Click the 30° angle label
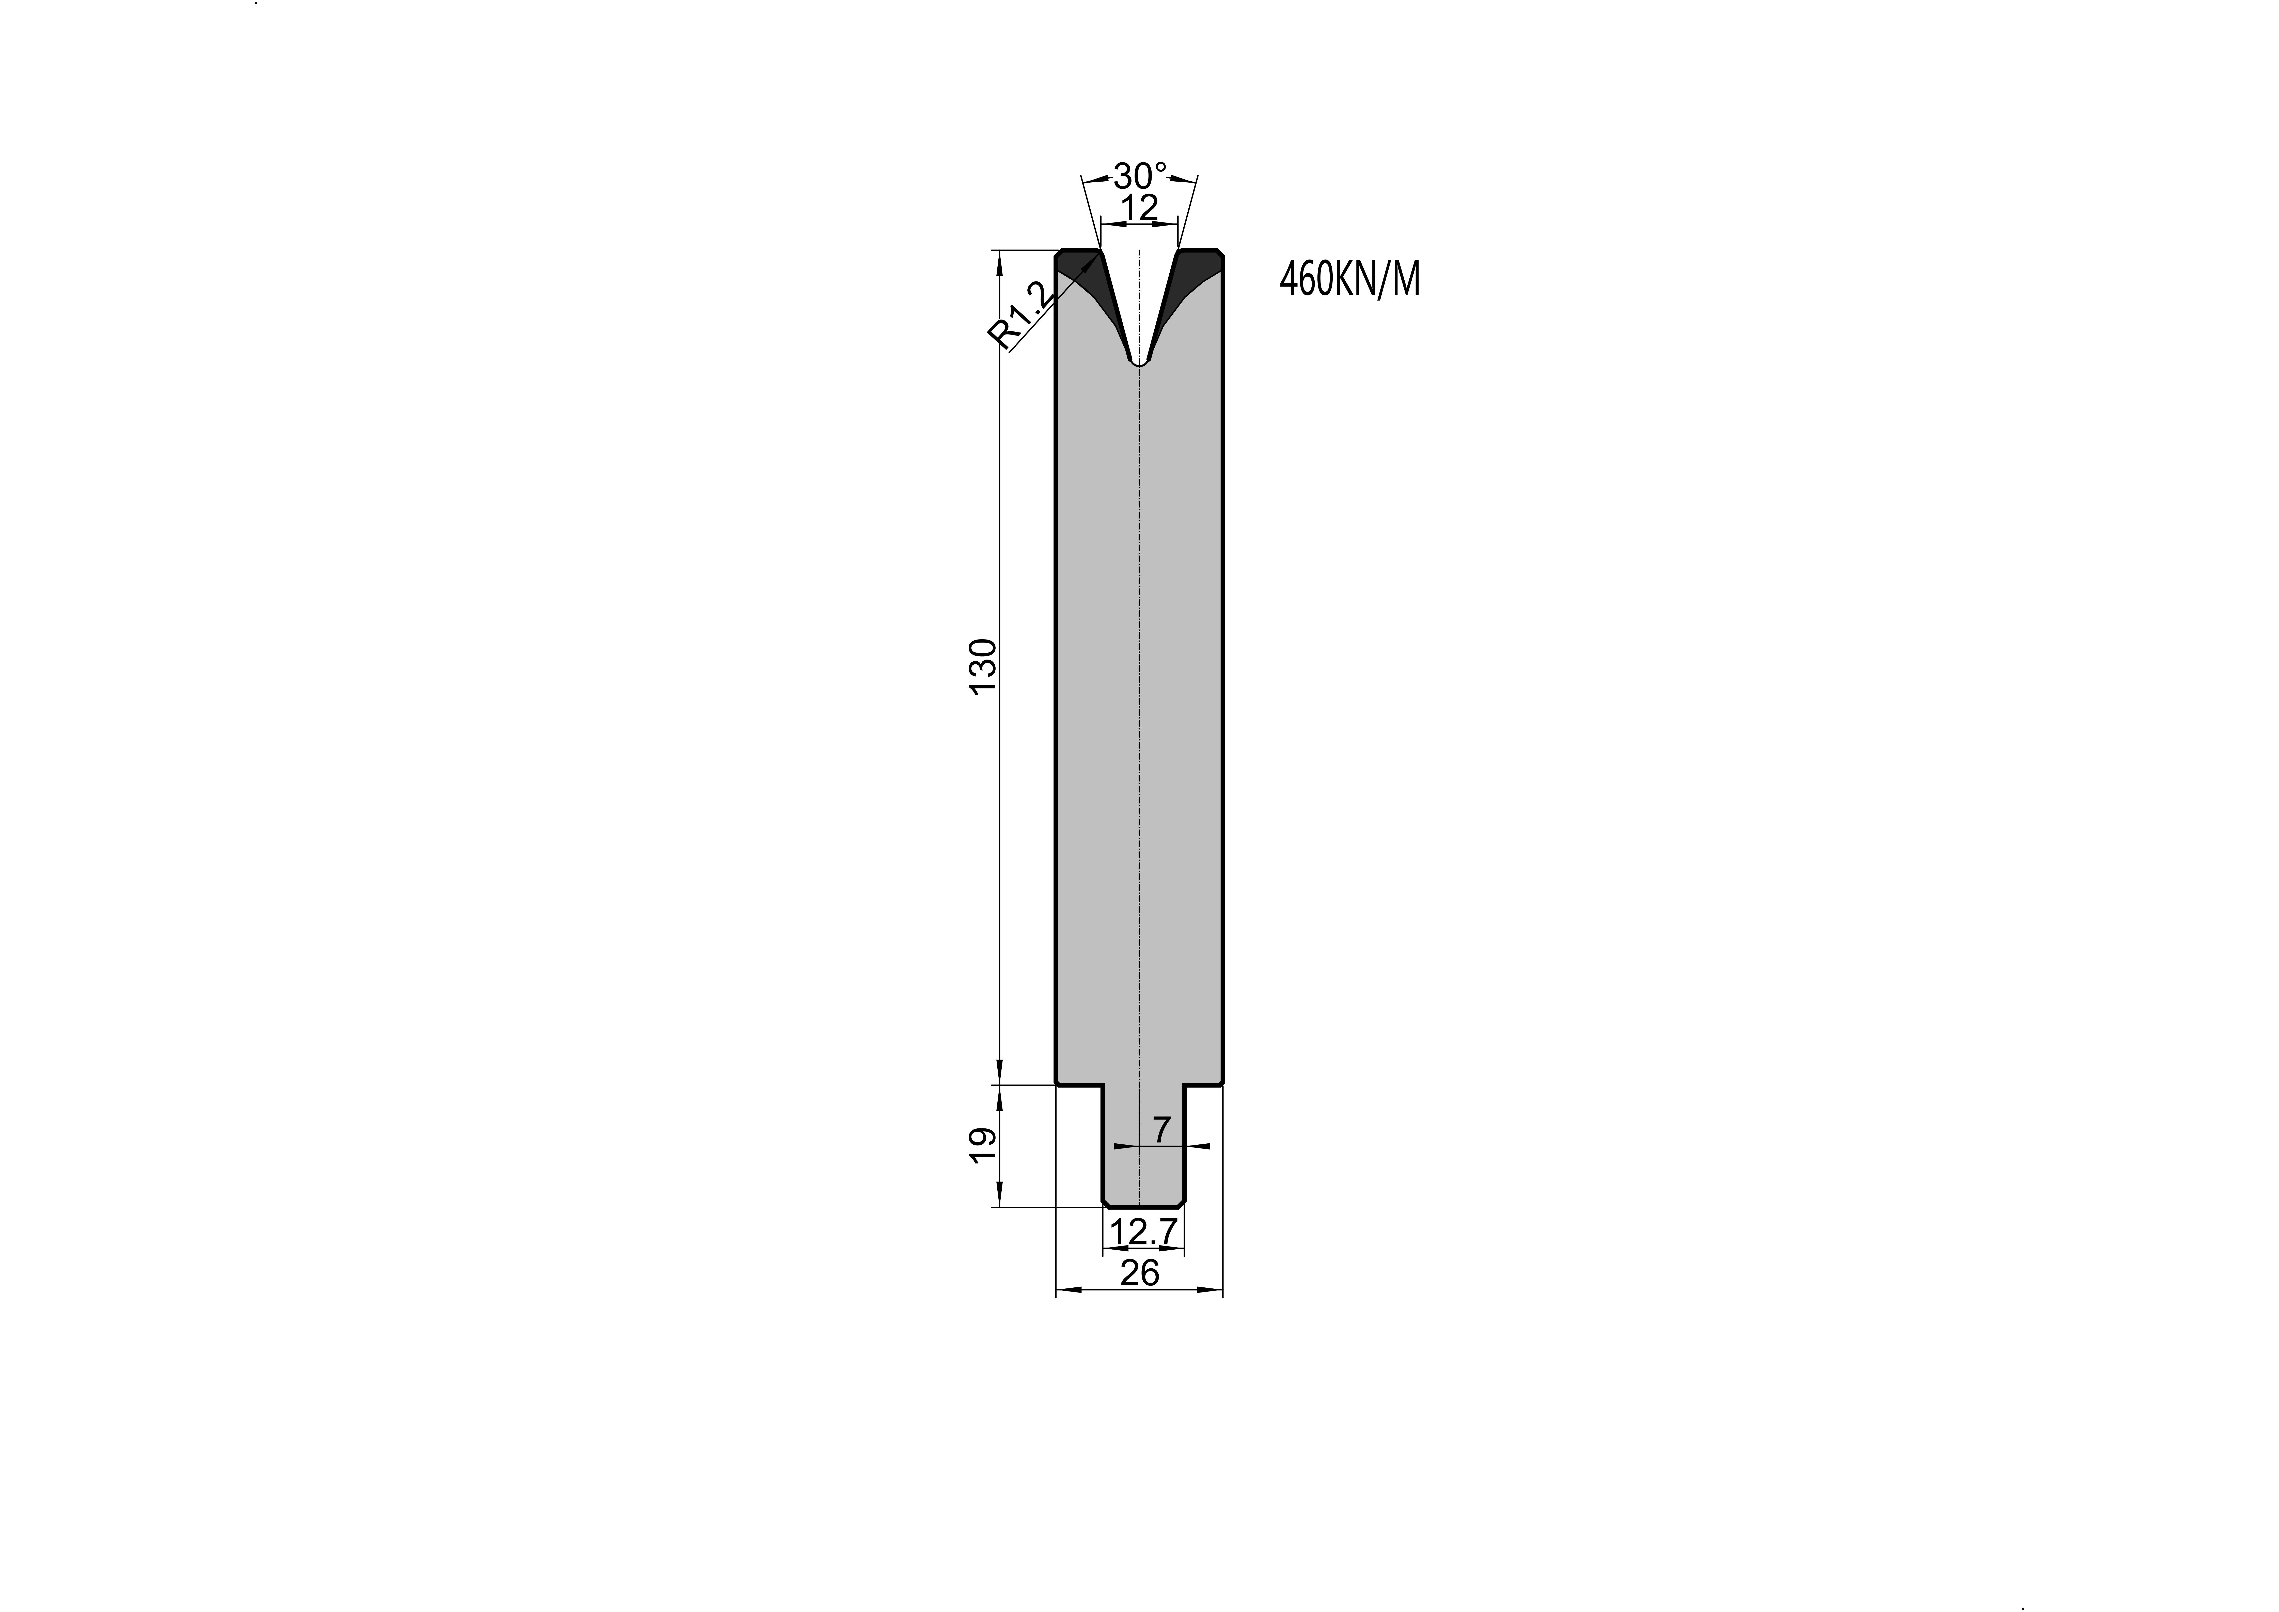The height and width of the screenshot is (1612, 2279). click(1140, 177)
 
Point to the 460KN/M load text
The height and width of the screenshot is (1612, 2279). click(1350, 280)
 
